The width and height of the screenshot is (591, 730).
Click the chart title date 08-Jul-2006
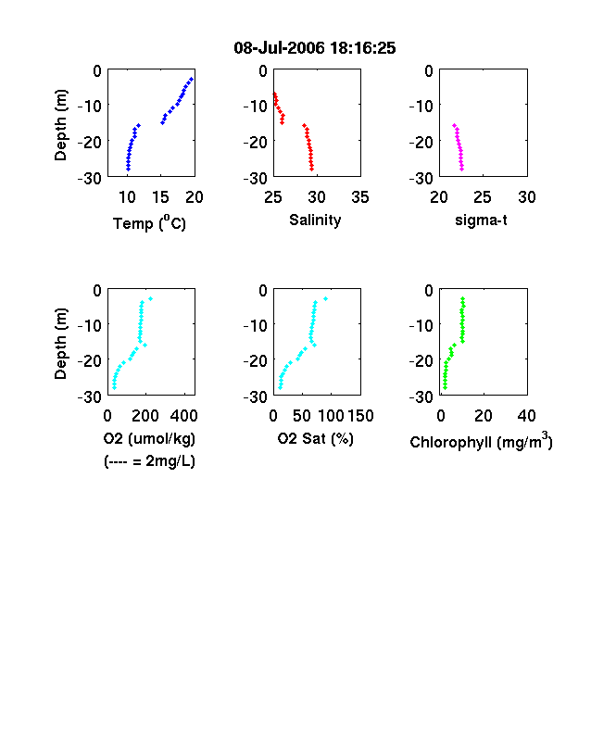coord(279,48)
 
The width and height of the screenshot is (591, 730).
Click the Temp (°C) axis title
coord(149,223)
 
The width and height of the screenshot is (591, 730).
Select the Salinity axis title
coord(315,220)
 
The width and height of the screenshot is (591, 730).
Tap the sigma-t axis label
coord(481,220)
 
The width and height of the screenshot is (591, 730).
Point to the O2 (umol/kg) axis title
coord(149,439)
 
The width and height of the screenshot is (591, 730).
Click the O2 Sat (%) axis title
coord(316,439)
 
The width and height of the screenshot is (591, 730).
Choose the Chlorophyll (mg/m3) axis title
coord(481,440)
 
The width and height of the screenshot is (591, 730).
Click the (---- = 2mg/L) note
coord(149,461)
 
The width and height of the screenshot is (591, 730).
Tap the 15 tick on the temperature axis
coord(160,197)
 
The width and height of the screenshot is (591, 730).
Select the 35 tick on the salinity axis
coord(360,197)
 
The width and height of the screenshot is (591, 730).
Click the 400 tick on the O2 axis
coord(183,416)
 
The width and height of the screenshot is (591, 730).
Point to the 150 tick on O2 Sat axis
coord(360,416)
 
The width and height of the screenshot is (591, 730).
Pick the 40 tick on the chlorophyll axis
coord(526,416)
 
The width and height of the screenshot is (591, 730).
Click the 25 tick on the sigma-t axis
coord(483,197)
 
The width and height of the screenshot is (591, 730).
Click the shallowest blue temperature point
coord(191,79)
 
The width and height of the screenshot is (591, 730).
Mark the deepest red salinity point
coord(312,169)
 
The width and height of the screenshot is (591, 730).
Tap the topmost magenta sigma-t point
coord(454,125)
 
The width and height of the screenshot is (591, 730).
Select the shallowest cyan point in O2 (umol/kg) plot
coord(150,299)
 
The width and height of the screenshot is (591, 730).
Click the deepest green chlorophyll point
coord(445,387)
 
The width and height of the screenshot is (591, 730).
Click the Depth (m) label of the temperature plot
coord(61,125)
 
